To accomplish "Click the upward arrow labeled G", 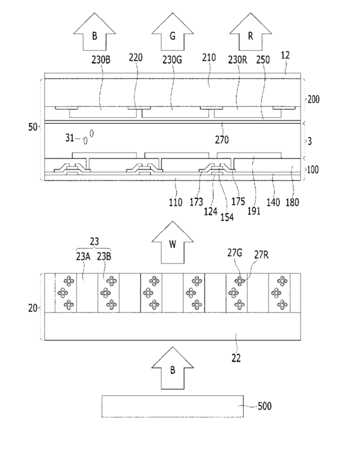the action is [172, 32].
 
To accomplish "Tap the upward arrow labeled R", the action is [250, 32].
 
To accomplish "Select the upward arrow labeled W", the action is [172, 242].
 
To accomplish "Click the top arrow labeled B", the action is [95, 32].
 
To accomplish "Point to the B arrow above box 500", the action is [172, 368].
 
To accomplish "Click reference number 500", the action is [265, 406].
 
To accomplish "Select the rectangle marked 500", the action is [173, 406].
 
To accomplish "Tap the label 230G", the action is [172, 60].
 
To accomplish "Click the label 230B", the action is [101, 60].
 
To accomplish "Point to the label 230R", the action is [237, 60].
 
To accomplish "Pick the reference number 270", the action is [222, 140].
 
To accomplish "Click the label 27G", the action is [235, 253].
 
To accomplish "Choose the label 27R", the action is [261, 255].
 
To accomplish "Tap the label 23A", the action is [83, 257].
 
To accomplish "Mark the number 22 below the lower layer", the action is [236, 358].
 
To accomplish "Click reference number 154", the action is [227, 217].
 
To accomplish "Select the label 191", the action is [254, 211].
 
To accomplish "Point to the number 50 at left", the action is [32, 127].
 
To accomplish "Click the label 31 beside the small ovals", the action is [70, 137].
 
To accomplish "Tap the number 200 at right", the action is [314, 99].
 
